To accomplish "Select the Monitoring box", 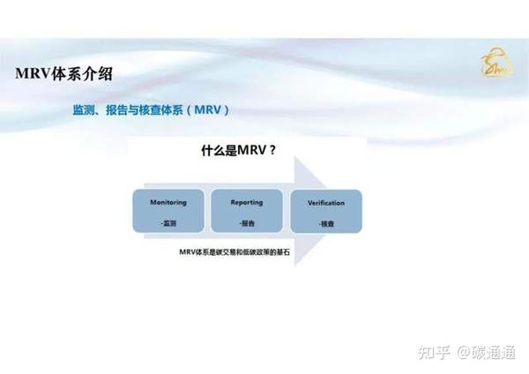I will pos(168,211).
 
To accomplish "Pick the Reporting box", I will pos(246,211).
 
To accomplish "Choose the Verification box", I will pos(325,211).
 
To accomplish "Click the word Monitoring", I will pos(168,202).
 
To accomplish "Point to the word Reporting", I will pos(246,202).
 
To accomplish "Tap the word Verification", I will pos(325,202).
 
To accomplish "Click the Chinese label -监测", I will pos(168,222).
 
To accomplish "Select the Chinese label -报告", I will pos(246,222).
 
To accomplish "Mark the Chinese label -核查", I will pos(325,222).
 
